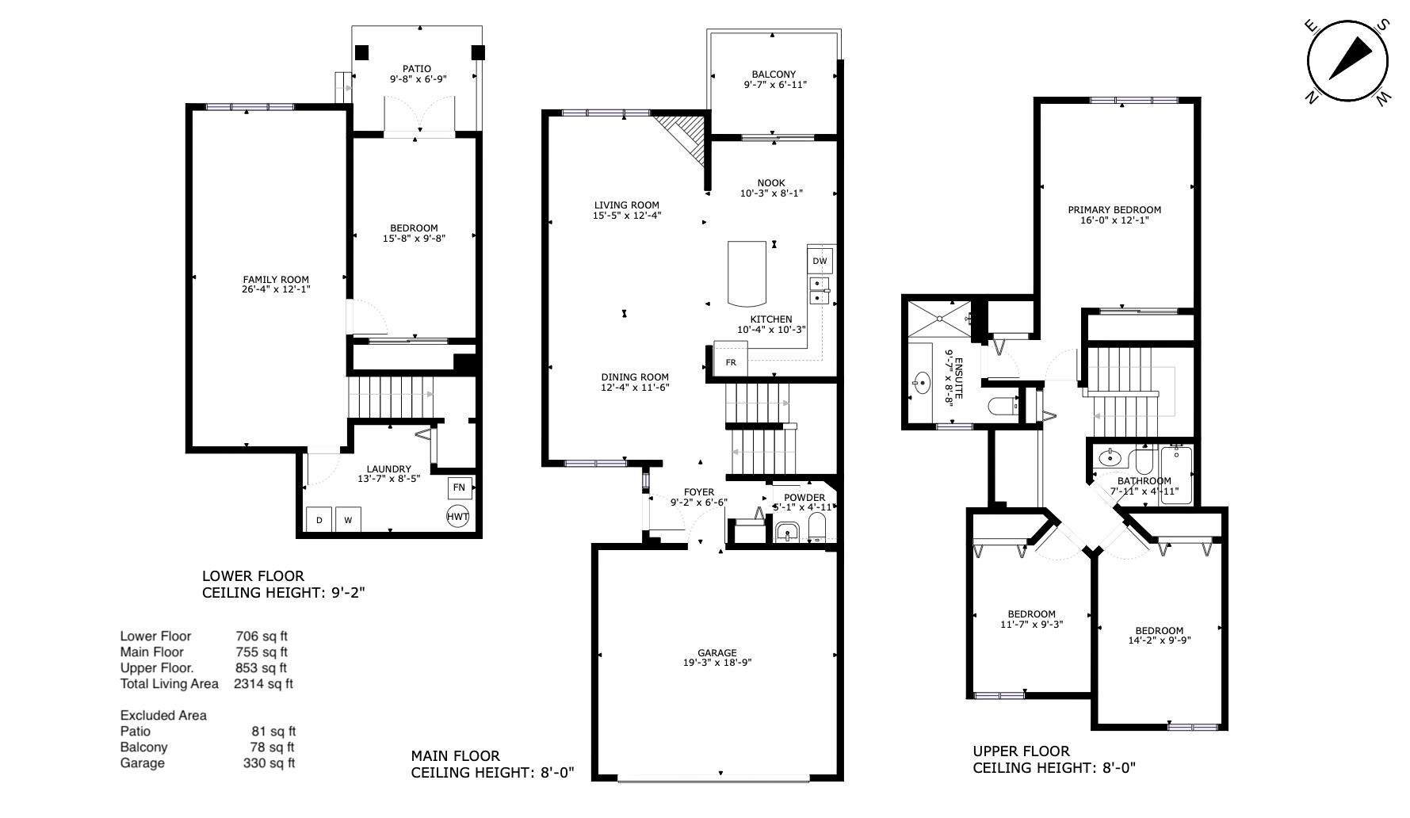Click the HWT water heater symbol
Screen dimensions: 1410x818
click(458, 517)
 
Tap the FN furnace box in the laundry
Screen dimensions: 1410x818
click(459, 487)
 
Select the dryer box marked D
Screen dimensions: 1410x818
click(319, 520)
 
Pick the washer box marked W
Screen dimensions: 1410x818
click(347, 520)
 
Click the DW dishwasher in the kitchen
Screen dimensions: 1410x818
click(820, 261)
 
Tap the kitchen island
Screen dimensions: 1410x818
click(747, 274)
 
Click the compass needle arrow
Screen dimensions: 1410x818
click(1351, 59)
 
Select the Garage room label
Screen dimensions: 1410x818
click(717, 653)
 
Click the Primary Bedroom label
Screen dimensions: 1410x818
click(1114, 210)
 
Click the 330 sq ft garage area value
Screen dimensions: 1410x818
click(269, 763)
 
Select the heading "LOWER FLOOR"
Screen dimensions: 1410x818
click(253, 576)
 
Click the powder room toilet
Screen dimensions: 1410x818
click(817, 526)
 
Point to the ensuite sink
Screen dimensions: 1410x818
click(921, 384)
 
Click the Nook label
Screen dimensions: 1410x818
click(771, 183)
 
